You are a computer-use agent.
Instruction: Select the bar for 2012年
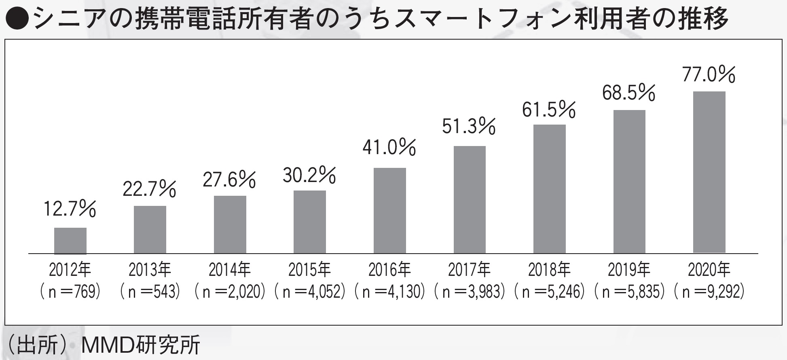tap(70, 241)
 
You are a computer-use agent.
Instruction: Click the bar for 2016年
tap(389, 211)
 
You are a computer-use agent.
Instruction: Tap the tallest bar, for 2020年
tap(709, 172)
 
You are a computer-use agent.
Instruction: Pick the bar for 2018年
tap(549, 189)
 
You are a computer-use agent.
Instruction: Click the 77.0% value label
tap(709, 75)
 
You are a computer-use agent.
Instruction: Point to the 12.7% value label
tap(70, 209)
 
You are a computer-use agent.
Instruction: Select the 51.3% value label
tap(469, 126)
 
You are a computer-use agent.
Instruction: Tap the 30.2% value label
tap(309, 176)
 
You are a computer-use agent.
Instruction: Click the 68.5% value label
tap(628, 93)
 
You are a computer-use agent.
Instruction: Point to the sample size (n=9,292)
tap(709, 292)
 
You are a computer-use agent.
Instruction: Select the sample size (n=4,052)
tap(310, 292)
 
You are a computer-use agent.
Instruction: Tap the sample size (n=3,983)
tap(470, 292)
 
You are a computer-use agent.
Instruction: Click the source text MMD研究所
tap(140, 345)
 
